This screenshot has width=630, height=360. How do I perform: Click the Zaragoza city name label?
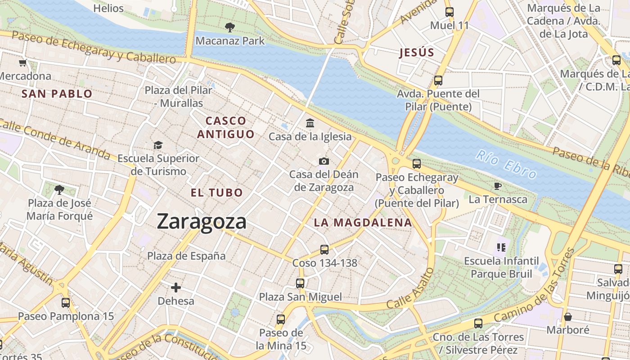pos(202,222)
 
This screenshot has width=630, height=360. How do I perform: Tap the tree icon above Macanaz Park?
pos(230,27)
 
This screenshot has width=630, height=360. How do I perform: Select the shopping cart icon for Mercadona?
pos(22,63)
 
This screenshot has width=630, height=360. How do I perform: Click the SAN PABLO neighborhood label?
pos(57,94)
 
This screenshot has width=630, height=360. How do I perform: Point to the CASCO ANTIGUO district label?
pos(226,127)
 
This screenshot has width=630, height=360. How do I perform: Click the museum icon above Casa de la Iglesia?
pos(310,123)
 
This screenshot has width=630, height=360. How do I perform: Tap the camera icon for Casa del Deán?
pos(324,161)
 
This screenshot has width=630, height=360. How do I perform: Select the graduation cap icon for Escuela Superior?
pos(158,145)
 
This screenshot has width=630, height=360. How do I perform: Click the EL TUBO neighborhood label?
pos(217,193)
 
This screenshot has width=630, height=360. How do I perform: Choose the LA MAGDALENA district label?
pos(363,222)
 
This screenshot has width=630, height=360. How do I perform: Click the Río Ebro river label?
pos(506,165)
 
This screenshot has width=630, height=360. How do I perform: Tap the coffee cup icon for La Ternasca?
pos(498,186)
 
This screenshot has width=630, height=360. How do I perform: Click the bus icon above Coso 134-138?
pos(324,249)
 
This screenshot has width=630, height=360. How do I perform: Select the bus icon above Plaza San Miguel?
pos(300,283)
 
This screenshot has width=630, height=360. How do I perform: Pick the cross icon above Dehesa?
pos(176,287)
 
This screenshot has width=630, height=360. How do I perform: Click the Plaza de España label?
pos(187,256)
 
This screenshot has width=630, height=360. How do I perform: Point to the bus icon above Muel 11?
pos(449,12)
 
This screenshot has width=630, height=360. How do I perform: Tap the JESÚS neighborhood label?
pos(417,53)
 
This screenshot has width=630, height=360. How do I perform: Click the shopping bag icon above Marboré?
pos(568,317)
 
